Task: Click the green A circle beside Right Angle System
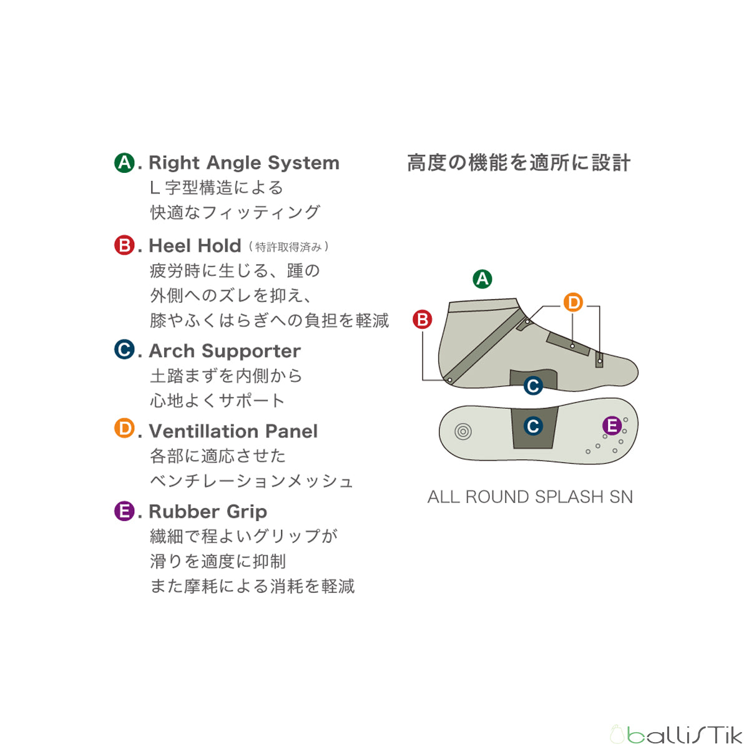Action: [124, 163]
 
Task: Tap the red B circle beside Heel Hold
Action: [124, 245]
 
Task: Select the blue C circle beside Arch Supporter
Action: [124, 350]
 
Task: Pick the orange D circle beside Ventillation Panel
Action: [124, 429]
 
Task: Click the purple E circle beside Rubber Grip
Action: [124, 511]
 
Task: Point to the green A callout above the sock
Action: [482, 278]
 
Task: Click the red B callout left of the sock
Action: [423, 320]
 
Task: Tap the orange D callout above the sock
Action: [572, 303]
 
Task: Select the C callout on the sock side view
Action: [532, 386]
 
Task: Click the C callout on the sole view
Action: [532, 426]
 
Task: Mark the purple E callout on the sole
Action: [612, 426]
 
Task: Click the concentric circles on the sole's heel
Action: [463, 431]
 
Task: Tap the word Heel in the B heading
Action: [170, 246]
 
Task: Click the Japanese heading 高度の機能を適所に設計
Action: [519, 164]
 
